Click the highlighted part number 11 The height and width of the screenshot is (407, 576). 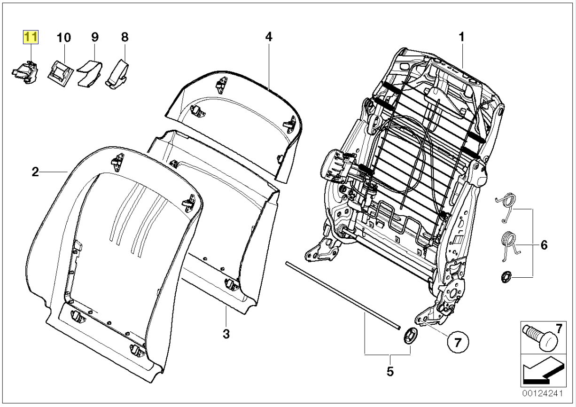pos(31,37)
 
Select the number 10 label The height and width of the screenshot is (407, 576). pos(64,37)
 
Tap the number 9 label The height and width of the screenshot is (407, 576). pos(94,37)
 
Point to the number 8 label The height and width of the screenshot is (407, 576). pos(125,37)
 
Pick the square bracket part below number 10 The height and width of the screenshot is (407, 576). pos(60,72)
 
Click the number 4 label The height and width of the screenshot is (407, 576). pos(268,37)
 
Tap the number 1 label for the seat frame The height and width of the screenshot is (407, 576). pos(461,37)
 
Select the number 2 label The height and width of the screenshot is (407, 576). pos(35,172)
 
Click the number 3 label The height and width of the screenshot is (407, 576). pos(226,334)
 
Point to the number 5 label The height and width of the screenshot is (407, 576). pos(389,371)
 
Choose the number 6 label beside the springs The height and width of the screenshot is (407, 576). pos(544,245)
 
